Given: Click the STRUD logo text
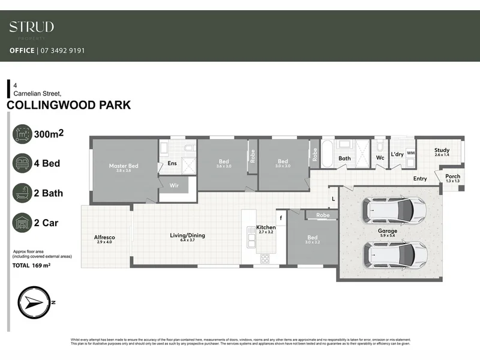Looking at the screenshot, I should pyautogui.click(x=32, y=27).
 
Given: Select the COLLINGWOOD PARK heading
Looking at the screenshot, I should pyautogui.click(x=68, y=106).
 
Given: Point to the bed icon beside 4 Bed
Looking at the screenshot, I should pyautogui.click(x=23, y=163).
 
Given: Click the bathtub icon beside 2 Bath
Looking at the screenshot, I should pyautogui.click(x=23, y=193).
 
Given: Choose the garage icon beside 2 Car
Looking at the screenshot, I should pyautogui.click(x=23, y=223).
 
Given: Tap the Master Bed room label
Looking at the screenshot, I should pyautogui.click(x=124, y=166).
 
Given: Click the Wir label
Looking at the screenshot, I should pyautogui.click(x=174, y=186).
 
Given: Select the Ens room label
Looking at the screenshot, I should pyautogui.click(x=172, y=163).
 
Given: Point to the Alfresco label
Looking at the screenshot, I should pyautogui.click(x=104, y=238).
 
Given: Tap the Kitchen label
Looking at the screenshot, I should pyautogui.click(x=266, y=228).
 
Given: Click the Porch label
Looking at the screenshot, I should pyautogui.click(x=453, y=177).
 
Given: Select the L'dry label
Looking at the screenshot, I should pyautogui.click(x=397, y=155).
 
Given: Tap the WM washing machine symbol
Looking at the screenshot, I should pyautogui.click(x=410, y=153).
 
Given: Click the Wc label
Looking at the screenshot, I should pyautogui.click(x=380, y=158).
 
